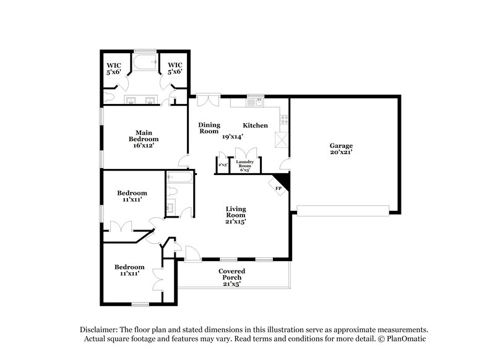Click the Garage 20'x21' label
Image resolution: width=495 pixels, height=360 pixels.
point(341,150)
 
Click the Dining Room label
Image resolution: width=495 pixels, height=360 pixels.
point(209,128)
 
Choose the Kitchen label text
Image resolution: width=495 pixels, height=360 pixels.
point(255,126)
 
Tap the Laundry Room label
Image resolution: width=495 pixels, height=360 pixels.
point(245,164)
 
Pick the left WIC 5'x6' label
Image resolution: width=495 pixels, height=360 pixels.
point(113,68)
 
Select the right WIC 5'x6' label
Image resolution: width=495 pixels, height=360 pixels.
point(175,68)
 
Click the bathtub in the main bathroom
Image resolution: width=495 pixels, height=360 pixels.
point(144,62)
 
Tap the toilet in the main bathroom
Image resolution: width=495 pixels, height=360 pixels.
point(109,96)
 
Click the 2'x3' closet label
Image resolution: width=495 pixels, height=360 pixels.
point(223,165)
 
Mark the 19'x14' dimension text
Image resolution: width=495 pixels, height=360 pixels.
point(233,137)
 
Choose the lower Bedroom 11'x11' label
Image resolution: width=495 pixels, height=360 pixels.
point(130,270)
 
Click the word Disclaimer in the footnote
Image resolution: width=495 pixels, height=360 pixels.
point(102,330)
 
